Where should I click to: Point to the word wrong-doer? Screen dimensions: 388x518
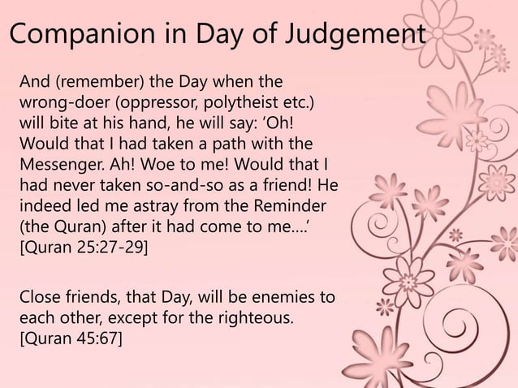pos(57,104)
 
